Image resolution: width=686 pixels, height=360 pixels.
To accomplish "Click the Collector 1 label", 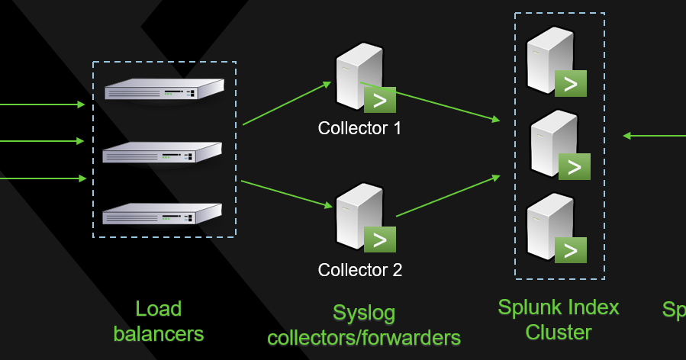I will point(359,128).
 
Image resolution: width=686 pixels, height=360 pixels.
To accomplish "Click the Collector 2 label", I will point(359,270).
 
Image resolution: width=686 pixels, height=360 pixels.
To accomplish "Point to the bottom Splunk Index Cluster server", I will point(551,227).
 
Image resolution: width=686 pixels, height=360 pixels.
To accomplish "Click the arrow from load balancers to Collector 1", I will point(287,103).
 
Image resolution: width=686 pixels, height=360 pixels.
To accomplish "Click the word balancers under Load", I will point(158,333).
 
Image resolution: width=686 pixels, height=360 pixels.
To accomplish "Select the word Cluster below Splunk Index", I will point(558,333).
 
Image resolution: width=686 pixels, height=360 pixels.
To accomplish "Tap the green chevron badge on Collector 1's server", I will point(379,100).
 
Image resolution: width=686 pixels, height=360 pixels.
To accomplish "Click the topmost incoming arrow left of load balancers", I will point(42,104).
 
